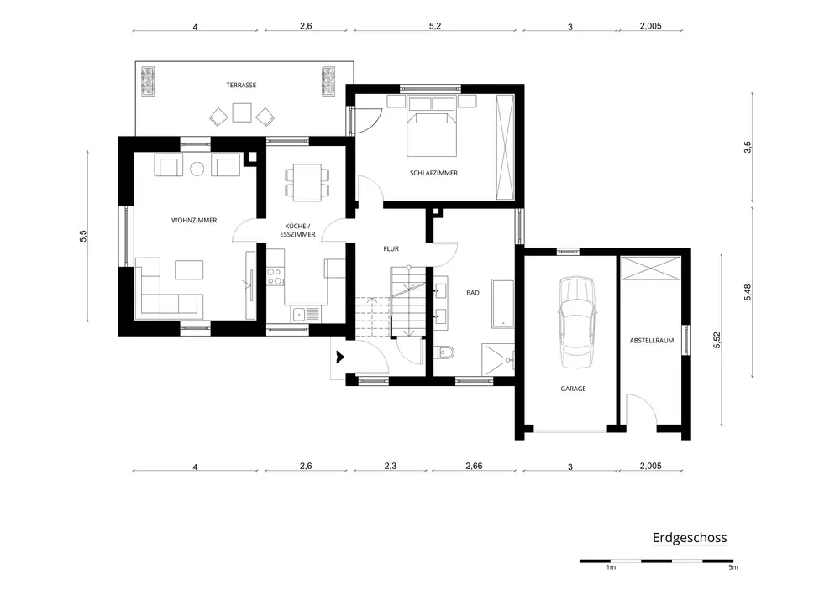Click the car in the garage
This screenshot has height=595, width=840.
click(x=577, y=322)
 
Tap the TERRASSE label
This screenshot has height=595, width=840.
click(x=241, y=85)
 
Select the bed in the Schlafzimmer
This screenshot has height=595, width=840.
click(x=432, y=126)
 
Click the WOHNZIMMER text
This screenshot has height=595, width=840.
click(x=194, y=221)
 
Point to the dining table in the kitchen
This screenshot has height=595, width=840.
click(x=307, y=182)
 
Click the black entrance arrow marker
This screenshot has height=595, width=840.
click(x=340, y=357)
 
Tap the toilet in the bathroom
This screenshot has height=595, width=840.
click(x=445, y=352)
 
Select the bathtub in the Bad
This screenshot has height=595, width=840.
click(x=502, y=303)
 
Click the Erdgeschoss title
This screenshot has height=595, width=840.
click(x=690, y=538)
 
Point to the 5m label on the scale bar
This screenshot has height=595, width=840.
click(x=732, y=567)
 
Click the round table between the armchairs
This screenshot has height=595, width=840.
click(x=197, y=169)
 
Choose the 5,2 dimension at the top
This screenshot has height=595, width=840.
click(x=435, y=26)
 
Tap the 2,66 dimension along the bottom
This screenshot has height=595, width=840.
click(x=474, y=466)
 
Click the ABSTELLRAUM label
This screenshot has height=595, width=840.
click(x=652, y=341)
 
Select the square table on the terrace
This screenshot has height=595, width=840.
click(x=242, y=112)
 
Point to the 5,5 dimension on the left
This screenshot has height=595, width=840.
click(x=83, y=236)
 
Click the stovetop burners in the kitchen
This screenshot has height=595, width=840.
click(x=275, y=276)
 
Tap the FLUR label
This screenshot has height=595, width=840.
click(x=391, y=248)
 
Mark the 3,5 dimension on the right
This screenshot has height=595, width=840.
click(x=748, y=147)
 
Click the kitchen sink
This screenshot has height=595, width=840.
click(x=306, y=314)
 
